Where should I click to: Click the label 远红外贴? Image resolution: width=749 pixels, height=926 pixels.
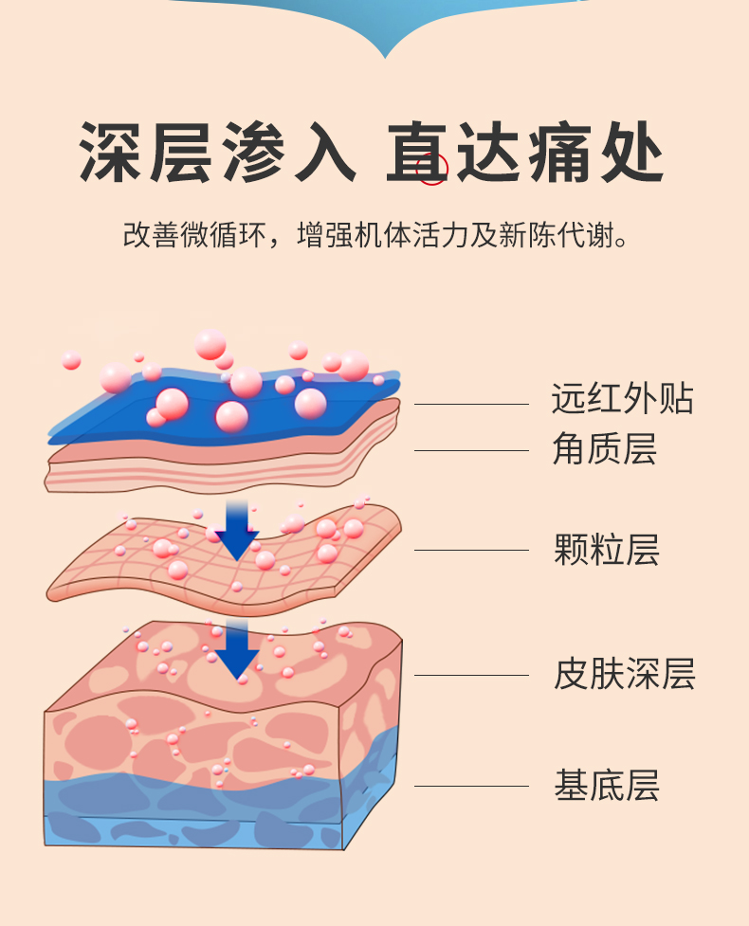[x=622, y=399]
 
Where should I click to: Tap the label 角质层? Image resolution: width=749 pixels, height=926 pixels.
[x=604, y=448]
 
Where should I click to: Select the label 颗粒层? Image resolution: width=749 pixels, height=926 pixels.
[x=606, y=550]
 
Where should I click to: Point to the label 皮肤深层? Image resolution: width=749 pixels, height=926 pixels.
[x=624, y=675]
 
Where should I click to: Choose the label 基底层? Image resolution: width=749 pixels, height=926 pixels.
[x=606, y=786]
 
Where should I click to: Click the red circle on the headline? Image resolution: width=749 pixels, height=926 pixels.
[x=433, y=170]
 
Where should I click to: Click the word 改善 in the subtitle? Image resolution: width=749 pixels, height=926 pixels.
[x=152, y=234]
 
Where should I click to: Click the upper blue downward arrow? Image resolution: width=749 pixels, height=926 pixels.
[x=236, y=531]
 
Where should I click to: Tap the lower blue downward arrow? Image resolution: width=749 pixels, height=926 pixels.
[x=236, y=649]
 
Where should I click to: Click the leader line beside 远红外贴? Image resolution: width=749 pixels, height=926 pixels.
[x=471, y=404]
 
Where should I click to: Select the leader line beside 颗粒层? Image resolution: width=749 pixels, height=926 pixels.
[x=471, y=550]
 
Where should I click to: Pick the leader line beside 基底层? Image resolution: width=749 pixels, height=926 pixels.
[x=471, y=786]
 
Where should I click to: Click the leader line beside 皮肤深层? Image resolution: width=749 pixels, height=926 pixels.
[x=471, y=676]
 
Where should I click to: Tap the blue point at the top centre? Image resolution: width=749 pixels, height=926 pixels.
[x=385, y=43]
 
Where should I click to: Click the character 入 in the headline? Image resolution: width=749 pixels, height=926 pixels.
[x=320, y=152]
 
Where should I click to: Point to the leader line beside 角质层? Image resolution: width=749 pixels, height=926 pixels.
[x=471, y=450]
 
